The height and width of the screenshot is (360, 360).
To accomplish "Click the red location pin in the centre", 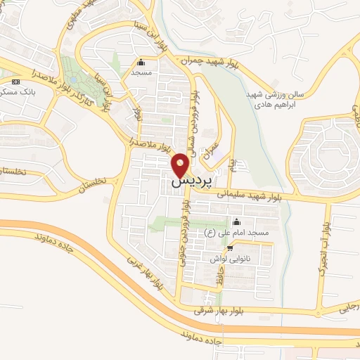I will [181, 166].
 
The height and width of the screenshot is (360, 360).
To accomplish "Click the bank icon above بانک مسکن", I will [15, 82].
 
